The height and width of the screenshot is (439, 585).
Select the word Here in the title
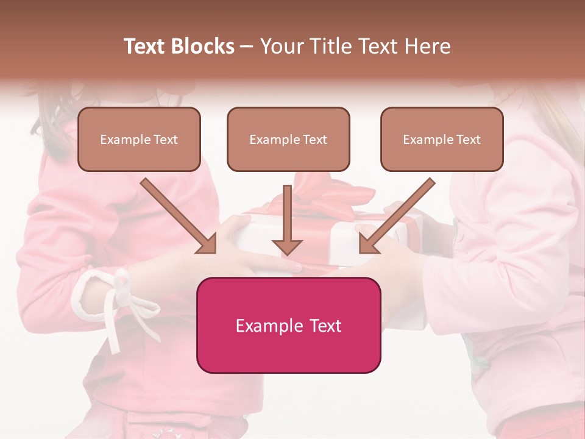[428, 46]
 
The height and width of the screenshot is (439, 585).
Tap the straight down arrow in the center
[287, 220]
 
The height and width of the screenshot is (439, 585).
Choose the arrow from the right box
[397, 215]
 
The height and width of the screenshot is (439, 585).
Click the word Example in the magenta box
[266, 326]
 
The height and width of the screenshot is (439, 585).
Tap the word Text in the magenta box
[325, 326]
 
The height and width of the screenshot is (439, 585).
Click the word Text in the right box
[468, 140]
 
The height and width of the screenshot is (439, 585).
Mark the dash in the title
[247, 47]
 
